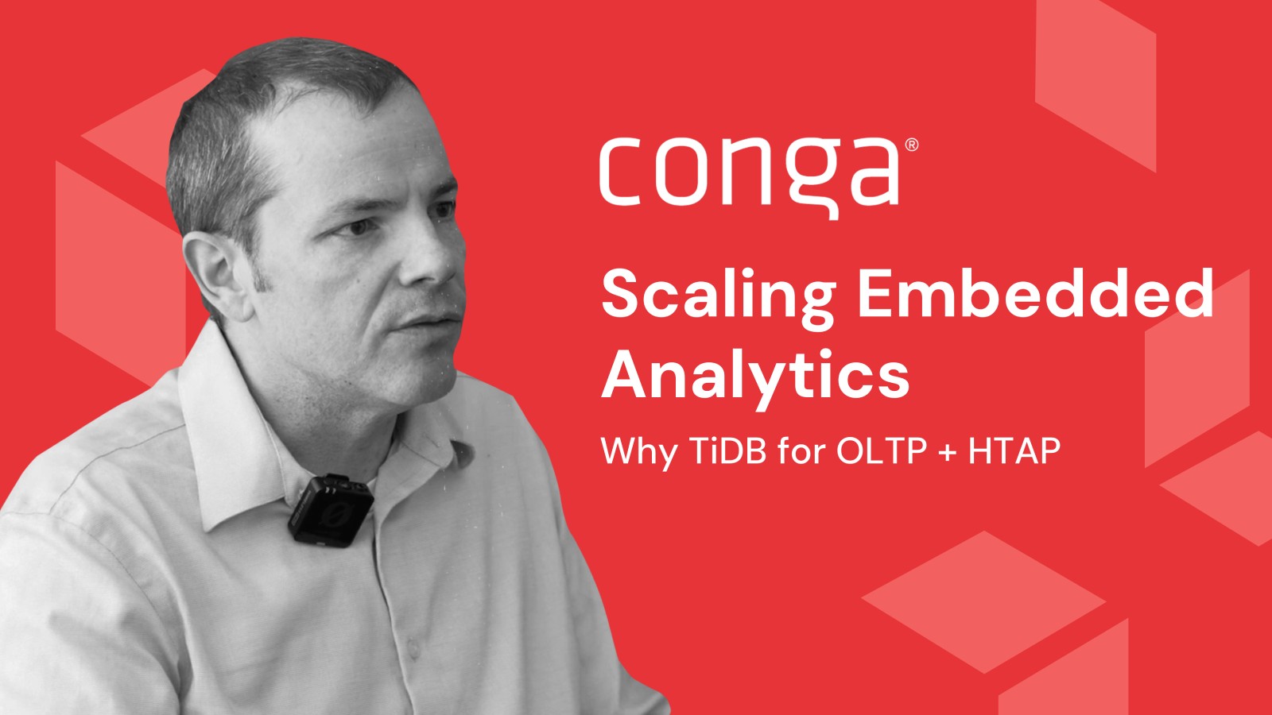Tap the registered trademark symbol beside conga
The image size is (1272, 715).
pos(910,145)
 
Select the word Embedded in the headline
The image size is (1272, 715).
pos(1035,294)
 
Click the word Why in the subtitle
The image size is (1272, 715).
pos(639,452)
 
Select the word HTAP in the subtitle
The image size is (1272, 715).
pos(1014,450)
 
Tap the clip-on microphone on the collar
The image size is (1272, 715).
pos(331,510)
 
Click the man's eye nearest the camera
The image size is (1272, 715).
pos(359,227)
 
